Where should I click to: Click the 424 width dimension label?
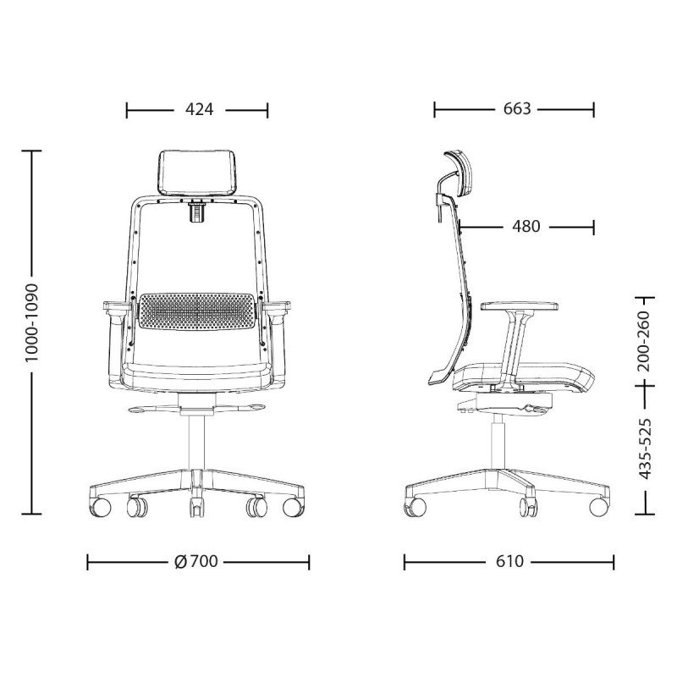(x=199, y=110)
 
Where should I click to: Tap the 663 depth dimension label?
(x=517, y=109)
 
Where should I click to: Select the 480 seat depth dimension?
(x=526, y=226)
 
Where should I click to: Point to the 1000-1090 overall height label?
(x=32, y=322)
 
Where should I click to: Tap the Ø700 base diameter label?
(x=196, y=562)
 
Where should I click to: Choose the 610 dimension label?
(x=509, y=562)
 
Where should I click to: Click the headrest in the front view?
(x=199, y=173)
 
